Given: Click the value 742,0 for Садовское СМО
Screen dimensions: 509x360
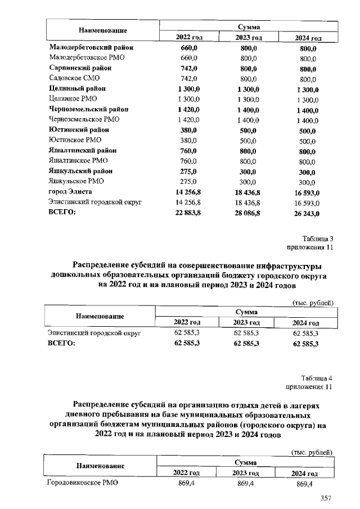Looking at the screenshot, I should (189, 78).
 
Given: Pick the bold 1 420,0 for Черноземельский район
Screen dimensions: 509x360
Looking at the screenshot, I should (189, 109).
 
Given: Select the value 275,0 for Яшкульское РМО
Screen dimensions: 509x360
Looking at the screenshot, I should (189, 181).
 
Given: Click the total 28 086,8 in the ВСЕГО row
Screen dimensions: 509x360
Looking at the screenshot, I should (247, 213).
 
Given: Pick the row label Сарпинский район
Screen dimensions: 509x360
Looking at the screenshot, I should (80, 68).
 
